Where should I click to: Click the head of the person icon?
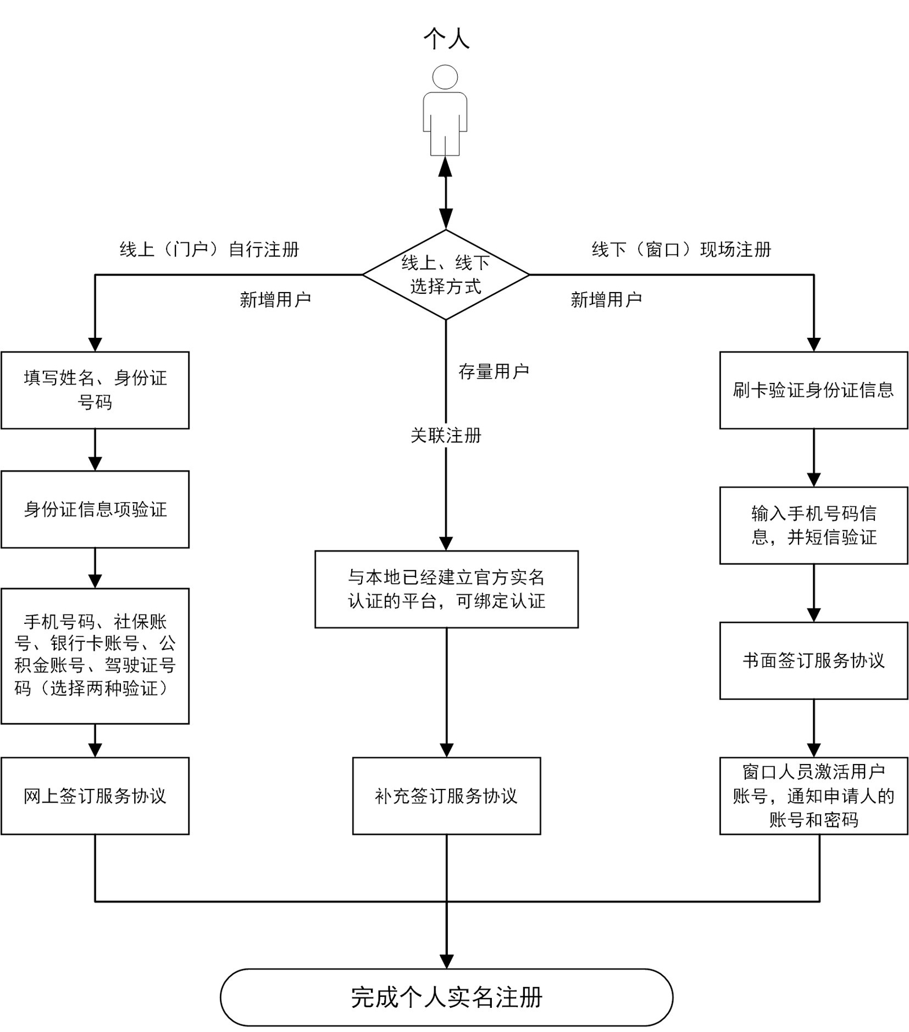click(x=445, y=77)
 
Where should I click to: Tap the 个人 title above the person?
click(x=446, y=39)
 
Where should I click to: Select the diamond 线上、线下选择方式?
click(x=446, y=275)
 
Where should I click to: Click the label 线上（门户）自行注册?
click(x=209, y=250)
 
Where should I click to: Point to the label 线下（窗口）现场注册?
click(x=681, y=250)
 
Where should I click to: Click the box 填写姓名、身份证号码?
click(x=95, y=390)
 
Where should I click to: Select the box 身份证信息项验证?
click(x=95, y=509)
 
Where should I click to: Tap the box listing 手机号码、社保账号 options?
click(x=95, y=656)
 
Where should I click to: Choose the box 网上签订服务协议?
click(x=95, y=796)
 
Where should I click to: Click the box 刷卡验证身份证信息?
click(x=813, y=390)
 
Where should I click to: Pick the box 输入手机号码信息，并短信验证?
click(x=813, y=525)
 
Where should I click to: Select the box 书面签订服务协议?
click(x=813, y=661)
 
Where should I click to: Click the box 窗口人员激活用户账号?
click(x=813, y=796)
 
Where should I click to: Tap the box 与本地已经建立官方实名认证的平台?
click(x=446, y=589)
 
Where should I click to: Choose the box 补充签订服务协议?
click(x=446, y=796)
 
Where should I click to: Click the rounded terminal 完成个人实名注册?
click(x=446, y=997)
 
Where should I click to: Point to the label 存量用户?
click(x=494, y=372)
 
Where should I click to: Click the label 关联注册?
click(x=446, y=436)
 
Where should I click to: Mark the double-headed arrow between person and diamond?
click(x=446, y=193)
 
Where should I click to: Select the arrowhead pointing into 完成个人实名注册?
click(x=446, y=960)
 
